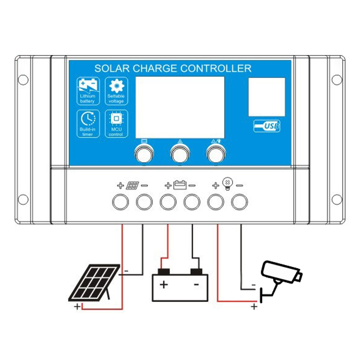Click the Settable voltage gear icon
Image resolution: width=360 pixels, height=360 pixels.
116,85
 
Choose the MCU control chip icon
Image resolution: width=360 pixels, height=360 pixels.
116,118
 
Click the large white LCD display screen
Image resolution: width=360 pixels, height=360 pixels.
180,107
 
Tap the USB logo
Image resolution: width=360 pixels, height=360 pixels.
267,126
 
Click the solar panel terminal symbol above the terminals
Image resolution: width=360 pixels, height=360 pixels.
132,185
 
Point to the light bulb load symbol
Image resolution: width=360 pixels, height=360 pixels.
228,184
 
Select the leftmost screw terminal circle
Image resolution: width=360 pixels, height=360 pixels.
120,202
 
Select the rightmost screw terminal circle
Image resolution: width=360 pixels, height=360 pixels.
239,202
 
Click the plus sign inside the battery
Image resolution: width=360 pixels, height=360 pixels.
164,285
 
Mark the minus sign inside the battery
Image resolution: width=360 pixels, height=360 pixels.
196,285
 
